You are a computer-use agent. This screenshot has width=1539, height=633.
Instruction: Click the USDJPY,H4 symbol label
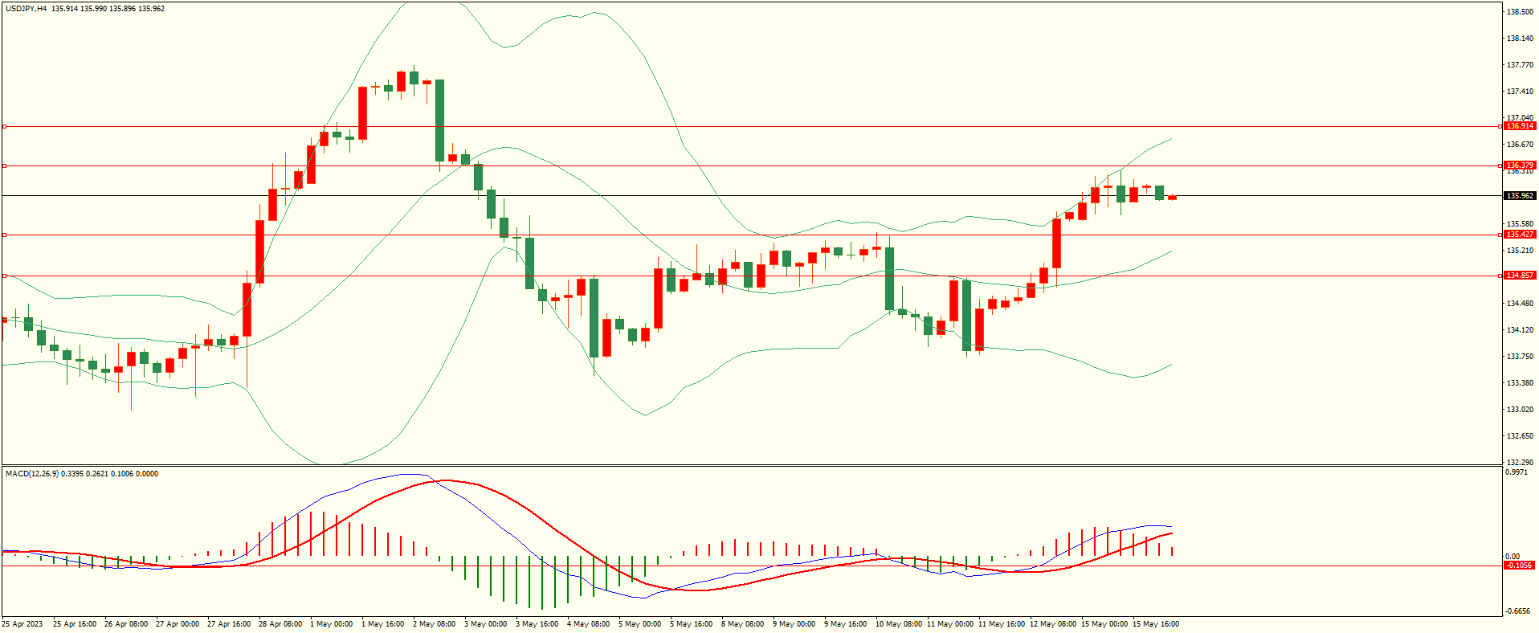27,9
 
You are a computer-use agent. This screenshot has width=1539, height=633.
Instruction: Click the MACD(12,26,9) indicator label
31,474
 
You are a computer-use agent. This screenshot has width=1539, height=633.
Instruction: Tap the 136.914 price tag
1520,126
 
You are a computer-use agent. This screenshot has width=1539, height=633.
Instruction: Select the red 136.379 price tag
1520,165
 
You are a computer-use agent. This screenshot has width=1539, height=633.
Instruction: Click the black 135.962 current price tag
1520,196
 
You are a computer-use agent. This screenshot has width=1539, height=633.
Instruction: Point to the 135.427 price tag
1520,235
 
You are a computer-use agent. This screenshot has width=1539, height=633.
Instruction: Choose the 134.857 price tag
1520,276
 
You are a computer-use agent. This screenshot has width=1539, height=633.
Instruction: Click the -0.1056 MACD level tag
1519,566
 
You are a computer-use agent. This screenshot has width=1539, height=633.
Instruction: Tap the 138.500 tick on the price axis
1520,12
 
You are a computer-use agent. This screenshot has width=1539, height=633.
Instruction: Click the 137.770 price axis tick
1520,65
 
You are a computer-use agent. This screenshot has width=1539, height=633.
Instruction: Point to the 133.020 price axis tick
1520,410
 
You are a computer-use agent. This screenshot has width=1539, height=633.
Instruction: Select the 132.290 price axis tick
1520,463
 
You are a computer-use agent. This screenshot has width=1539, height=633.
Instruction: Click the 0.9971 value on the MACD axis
1517,473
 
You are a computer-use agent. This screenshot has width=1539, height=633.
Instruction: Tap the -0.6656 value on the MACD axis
1517,611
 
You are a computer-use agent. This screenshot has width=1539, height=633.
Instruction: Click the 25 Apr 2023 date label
22,624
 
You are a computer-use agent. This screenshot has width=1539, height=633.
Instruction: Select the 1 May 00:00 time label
331,624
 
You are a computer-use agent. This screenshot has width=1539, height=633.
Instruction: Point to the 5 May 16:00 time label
691,624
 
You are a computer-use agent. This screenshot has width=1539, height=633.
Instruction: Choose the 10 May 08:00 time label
898,624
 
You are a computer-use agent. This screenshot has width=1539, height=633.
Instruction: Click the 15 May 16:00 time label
1155,624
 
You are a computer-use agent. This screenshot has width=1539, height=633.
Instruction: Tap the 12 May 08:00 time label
1052,624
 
